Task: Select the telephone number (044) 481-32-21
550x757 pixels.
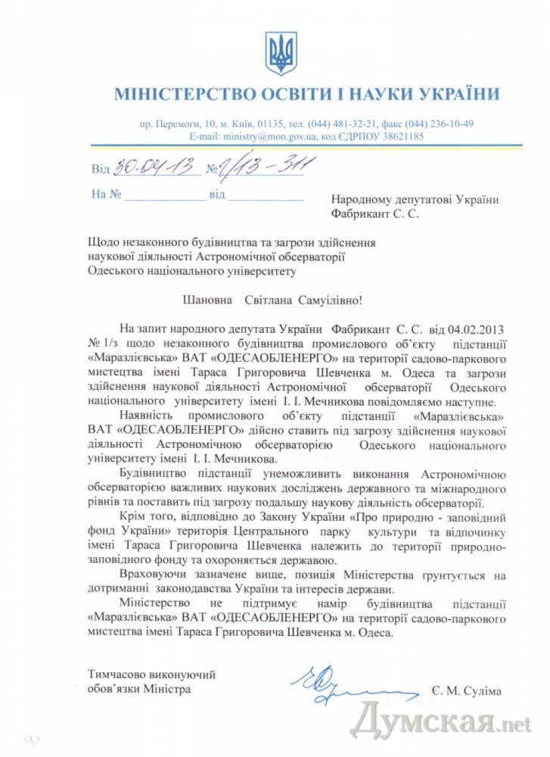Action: pyautogui.click(x=346, y=123)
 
